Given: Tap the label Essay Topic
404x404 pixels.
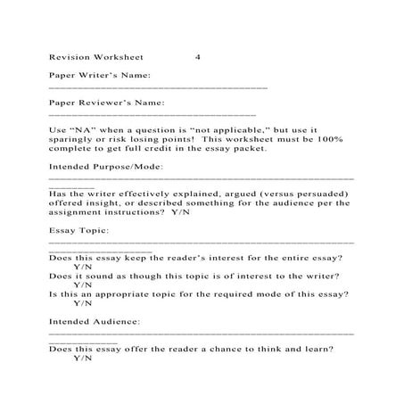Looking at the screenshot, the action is (x=78, y=230).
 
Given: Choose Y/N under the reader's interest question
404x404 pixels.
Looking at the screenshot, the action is (x=84, y=267).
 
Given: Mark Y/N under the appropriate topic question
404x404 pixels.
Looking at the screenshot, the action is (x=84, y=303).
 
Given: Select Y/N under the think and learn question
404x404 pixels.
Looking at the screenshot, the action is (x=84, y=358).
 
